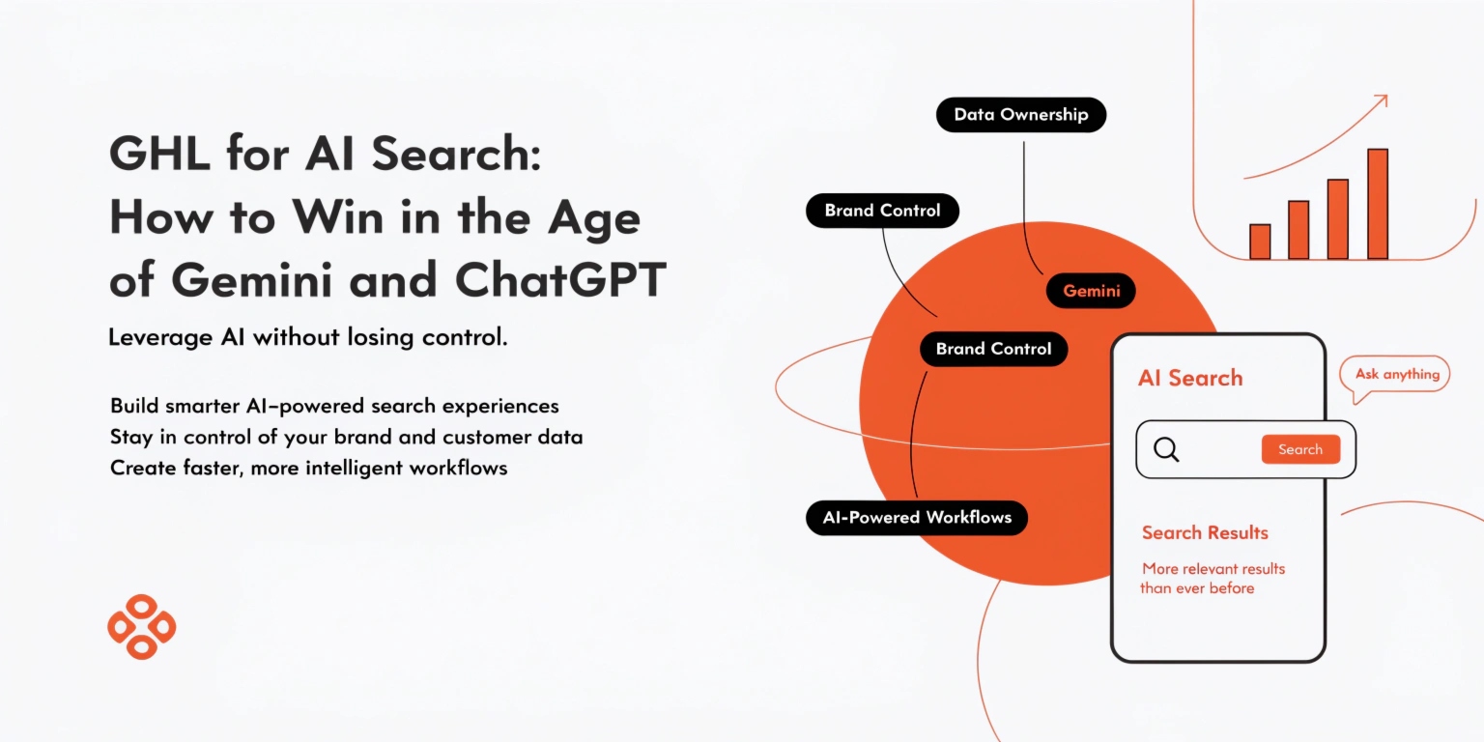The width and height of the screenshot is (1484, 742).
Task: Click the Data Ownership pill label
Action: (1020, 115)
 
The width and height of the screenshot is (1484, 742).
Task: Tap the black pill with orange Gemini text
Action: (1091, 291)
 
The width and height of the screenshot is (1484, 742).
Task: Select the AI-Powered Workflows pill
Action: (917, 518)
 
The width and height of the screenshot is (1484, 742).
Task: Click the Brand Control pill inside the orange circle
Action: (993, 350)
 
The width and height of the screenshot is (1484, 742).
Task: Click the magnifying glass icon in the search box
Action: (1166, 449)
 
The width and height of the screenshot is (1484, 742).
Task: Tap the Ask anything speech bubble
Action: (1396, 375)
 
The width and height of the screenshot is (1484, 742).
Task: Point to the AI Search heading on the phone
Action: (1190, 379)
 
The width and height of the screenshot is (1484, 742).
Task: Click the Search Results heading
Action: (1205, 532)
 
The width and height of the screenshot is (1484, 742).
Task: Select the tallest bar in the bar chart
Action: (1378, 204)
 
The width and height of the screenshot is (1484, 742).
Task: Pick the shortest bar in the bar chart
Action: (1260, 242)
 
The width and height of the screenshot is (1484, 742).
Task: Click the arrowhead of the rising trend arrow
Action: (1381, 100)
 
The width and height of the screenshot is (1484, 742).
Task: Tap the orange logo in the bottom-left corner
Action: (141, 627)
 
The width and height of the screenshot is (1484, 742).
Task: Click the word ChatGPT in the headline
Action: (560, 280)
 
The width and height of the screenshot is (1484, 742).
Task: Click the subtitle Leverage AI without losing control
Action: (308, 338)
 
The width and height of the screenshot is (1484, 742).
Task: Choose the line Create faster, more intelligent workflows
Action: (308, 469)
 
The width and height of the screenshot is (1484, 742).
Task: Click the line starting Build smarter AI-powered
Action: (334, 406)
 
